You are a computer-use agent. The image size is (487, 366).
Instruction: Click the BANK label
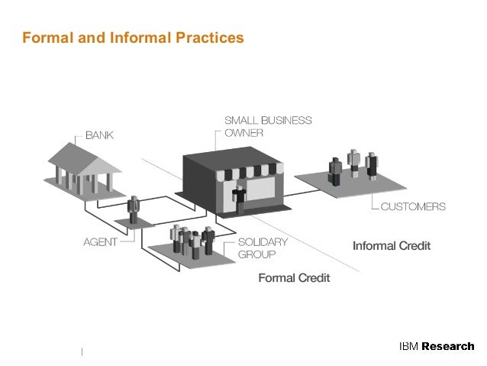[x=98, y=135]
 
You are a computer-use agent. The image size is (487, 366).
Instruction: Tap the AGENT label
[x=100, y=242]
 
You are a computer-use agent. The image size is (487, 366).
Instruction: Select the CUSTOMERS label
[x=413, y=206]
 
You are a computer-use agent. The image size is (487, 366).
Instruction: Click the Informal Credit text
[x=391, y=246]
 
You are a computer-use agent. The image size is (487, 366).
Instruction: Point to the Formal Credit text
[x=294, y=278]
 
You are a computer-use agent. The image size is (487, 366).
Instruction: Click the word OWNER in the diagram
[x=243, y=132]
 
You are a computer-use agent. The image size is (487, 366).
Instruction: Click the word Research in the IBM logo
[x=448, y=346]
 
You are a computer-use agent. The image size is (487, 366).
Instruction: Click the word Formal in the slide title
[x=44, y=37]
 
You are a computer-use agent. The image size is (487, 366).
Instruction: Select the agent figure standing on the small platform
[x=134, y=209]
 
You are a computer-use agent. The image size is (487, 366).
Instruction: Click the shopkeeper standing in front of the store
[x=240, y=198]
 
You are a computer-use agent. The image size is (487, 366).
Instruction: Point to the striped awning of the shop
[x=250, y=173]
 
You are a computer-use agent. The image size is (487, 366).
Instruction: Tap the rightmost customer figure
[x=372, y=166]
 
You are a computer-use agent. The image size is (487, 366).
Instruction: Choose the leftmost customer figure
[x=335, y=171]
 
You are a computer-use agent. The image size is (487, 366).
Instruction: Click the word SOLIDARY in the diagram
[x=263, y=241]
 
